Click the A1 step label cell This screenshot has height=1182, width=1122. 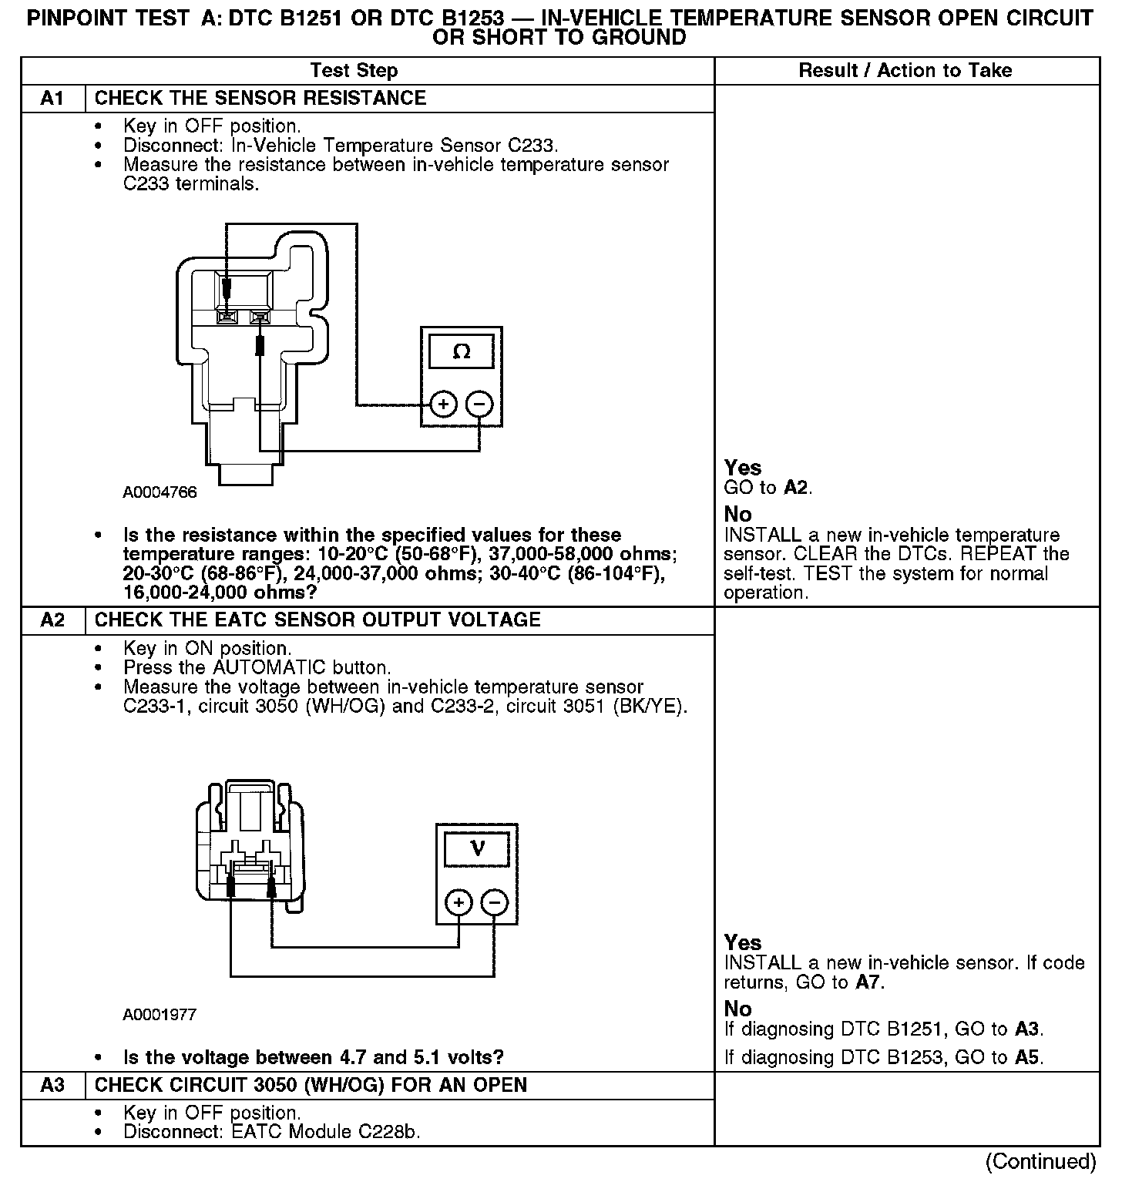click(x=52, y=98)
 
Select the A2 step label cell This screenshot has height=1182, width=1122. click(x=52, y=620)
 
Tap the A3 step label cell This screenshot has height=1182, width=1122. click(x=52, y=1085)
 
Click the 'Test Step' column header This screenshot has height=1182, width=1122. click(x=354, y=70)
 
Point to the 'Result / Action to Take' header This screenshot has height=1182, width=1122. click(x=905, y=70)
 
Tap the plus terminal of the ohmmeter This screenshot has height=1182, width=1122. click(x=443, y=404)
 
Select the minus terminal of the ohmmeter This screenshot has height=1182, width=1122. click(x=479, y=404)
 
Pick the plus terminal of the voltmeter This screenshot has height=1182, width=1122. click(x=459, y=902)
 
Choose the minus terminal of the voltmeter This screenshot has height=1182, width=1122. click(x=495, y=902)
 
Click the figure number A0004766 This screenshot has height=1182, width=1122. click(x=160, y=492)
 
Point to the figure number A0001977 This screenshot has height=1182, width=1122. click(x=160, y=1014)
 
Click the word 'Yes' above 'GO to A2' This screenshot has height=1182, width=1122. click(x=743, y=468)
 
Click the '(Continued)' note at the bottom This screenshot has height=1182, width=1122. click(x=1040, y=1161)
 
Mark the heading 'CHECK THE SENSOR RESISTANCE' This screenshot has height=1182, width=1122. click(x=260, y=98)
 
